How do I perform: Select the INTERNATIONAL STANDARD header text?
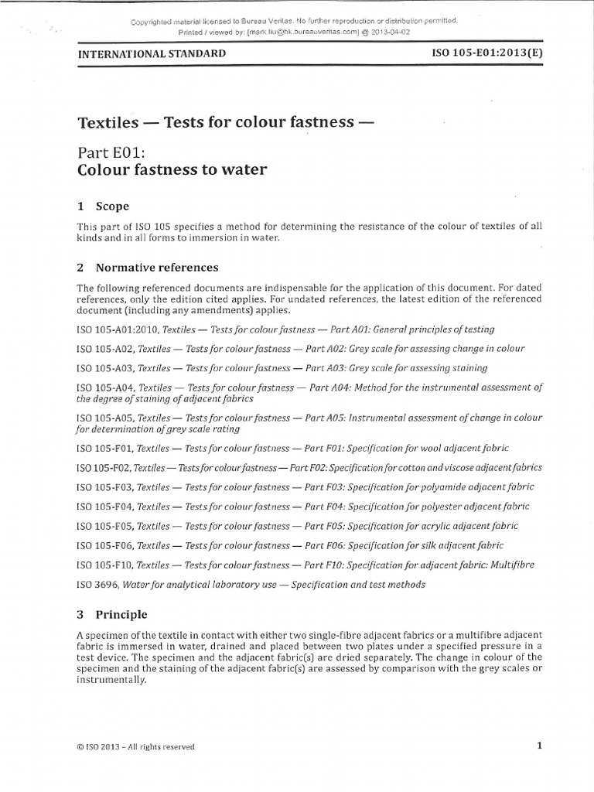point(152,54)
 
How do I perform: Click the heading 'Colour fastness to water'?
point(172,170)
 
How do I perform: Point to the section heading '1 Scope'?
point(103,207)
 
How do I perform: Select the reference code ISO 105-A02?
point(105,349)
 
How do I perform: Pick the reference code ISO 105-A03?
point(105,368)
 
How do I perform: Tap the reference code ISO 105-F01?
point(105,448)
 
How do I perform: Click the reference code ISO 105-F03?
point(105,487)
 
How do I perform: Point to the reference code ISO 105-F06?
point(105,545)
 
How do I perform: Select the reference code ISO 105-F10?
point(105,565)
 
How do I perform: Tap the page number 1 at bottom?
point(539,746)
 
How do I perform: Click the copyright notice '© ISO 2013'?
point(101,747)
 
